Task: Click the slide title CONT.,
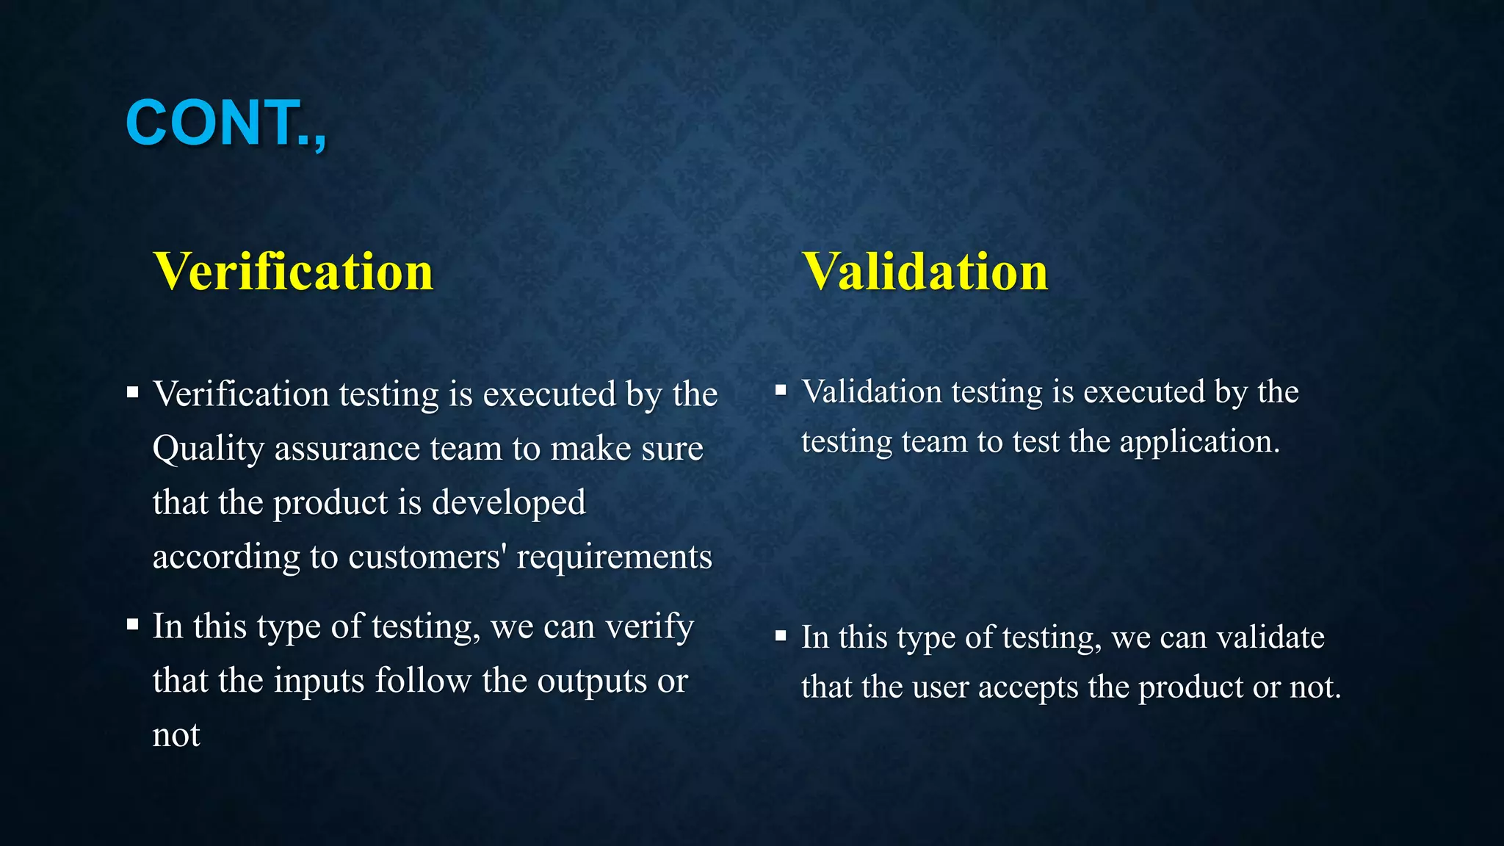click(225, 123)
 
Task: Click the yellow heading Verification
click(293, 272)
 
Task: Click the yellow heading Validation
click(925, 272)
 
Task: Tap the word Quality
click(208, 449)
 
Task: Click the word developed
click(508, 503)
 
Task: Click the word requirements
click(614, 557)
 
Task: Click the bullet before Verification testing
click(132, 392)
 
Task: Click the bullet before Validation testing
click(781, 390)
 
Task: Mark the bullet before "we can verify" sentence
click(132, 625)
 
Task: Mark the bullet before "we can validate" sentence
click(781, 635)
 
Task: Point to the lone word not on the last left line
click(176, 735)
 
